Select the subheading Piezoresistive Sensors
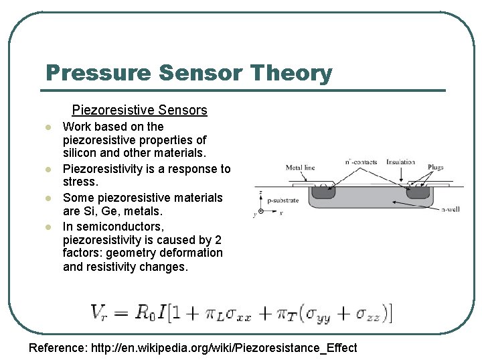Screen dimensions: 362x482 (139, 110)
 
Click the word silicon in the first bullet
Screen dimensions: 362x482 (80, 154)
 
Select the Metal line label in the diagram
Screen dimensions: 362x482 (300, 168)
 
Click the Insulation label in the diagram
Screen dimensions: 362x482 (400, 162)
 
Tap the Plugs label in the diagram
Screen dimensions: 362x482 (435, 168)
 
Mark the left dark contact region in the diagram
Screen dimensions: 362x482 (323, 192)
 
